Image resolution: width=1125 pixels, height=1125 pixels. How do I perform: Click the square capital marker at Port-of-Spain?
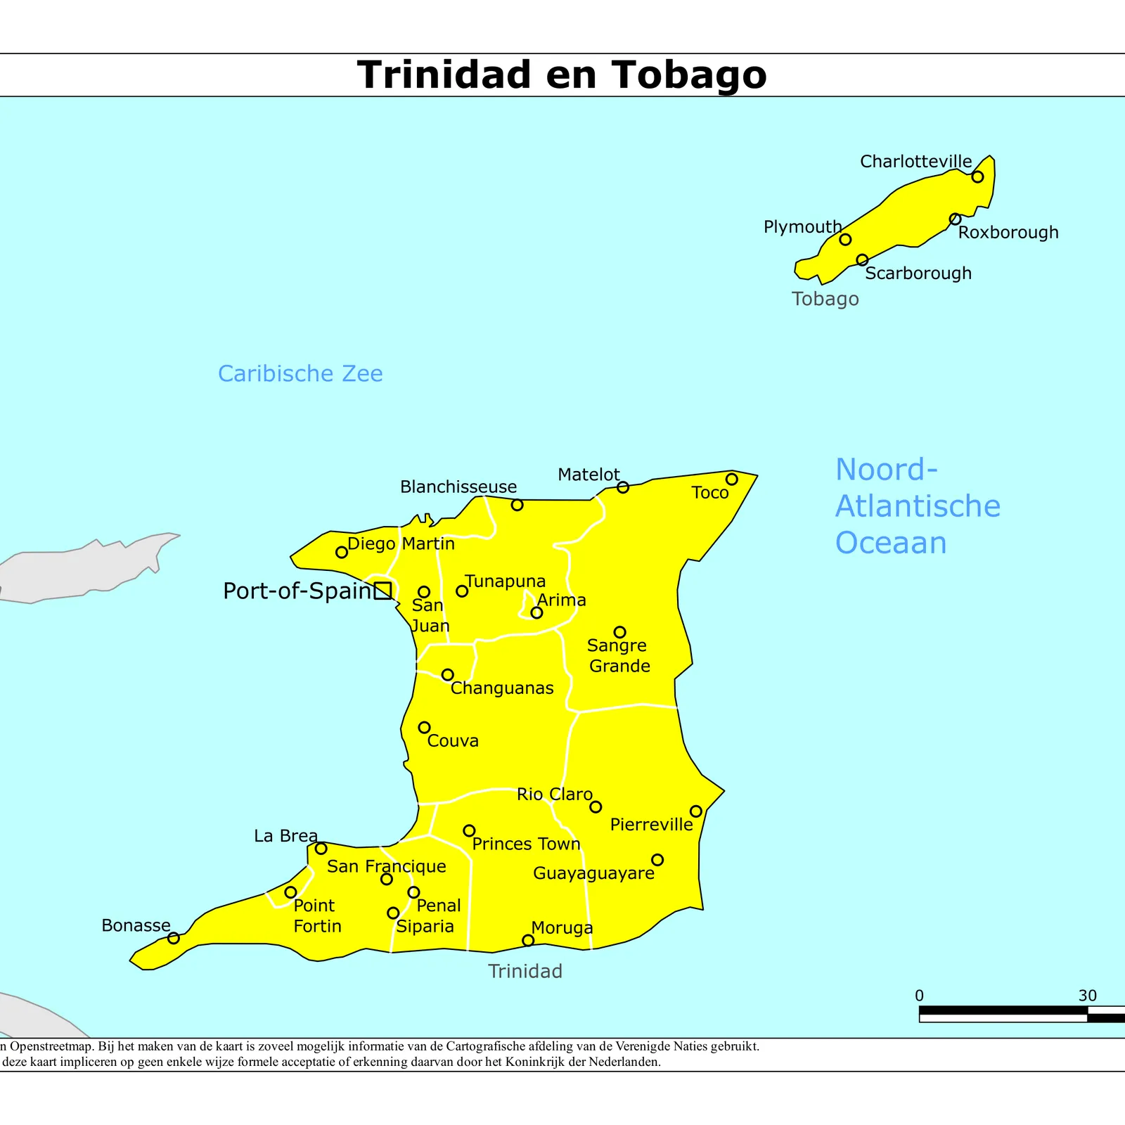[382, 591]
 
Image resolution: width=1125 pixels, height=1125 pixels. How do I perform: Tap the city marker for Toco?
[731, 480]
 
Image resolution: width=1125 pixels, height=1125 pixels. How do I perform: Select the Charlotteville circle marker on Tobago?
[977, 176]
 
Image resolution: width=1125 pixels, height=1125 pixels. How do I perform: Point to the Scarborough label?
[918, 274]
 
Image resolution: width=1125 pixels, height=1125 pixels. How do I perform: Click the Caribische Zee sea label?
[300, 373]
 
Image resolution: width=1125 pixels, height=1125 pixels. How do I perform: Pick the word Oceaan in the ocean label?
[891, 543]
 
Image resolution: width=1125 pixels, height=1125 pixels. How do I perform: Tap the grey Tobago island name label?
[825, 299]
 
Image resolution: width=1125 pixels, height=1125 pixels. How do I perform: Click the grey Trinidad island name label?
[525, 971]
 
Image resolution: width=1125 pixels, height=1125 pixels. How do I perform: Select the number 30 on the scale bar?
[1087, 996]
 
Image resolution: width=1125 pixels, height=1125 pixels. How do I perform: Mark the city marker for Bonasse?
[174, 938]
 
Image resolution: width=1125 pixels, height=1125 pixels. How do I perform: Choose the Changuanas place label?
[502, 688]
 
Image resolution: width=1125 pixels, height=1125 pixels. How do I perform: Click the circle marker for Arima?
[536, 612]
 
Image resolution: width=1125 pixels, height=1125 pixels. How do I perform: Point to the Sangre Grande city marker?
[619, 632]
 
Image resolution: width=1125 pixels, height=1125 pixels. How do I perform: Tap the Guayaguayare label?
[593, 873]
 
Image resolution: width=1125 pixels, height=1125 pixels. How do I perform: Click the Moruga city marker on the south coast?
[528, 940]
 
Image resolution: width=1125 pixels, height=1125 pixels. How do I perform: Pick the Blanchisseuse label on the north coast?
[458, 487]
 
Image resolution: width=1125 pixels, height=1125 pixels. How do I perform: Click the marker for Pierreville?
[695, 811]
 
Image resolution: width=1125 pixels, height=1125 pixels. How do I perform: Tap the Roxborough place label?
[1008, 233]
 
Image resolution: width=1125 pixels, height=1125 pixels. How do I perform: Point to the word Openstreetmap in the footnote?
[49, 1046]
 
